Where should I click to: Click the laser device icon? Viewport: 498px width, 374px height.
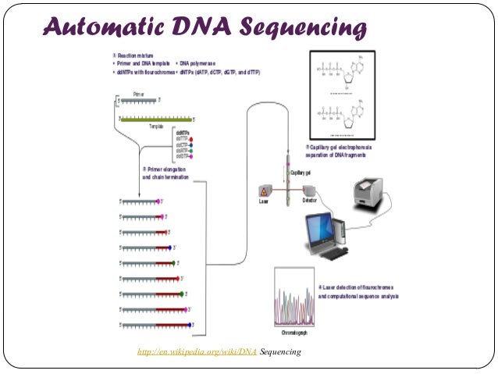click(x=264, y=191)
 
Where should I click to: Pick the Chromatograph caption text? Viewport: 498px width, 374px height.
click(x=293, y=333)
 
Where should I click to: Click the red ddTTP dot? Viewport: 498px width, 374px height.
click(x=190, y=139)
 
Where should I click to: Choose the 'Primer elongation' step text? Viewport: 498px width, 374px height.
click(x=166, y=169)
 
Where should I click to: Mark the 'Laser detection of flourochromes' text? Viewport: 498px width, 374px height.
click(x=359, y=288)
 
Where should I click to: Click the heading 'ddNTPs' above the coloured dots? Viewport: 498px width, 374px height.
click(x=183, y=133)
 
